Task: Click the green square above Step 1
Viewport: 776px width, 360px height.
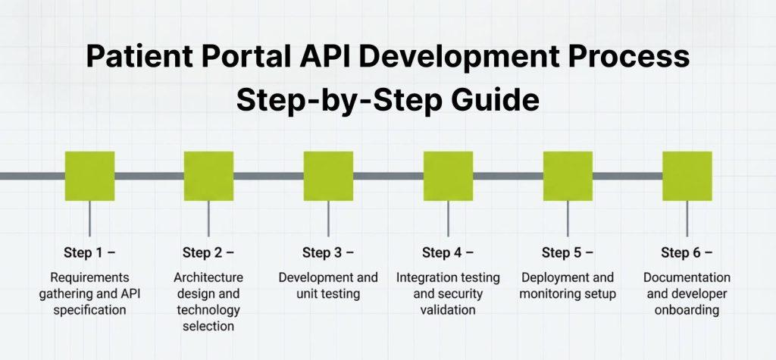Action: (89, 176)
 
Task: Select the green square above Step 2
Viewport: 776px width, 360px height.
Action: (208, 176)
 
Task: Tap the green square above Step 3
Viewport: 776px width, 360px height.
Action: (328, 176)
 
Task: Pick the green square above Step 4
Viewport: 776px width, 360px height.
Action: (448, 176)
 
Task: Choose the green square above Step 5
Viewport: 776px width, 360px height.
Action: (568, 176)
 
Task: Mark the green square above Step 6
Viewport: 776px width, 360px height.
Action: (687, 176)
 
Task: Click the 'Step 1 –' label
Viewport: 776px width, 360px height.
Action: (89, 252)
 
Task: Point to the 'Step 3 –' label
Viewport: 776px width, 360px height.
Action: (328, 252)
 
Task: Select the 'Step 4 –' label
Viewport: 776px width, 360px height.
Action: (448, 252)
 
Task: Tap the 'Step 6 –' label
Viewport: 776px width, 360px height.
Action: (687, 252)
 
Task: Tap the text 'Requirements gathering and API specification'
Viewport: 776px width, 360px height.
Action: (89, 293)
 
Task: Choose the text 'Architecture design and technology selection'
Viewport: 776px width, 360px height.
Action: (208, 302)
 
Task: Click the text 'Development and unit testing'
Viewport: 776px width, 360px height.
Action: (328, 285)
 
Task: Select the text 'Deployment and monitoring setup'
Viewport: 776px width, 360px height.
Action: (568, 285)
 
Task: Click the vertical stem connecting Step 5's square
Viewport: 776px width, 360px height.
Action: (568, 218)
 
